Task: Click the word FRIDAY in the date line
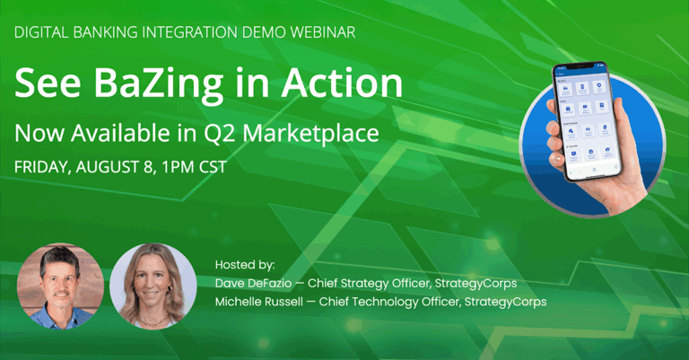coord(42,167)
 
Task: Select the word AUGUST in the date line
coord(109,167)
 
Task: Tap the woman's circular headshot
coord(153,285)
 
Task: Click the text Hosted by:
coord(245,265)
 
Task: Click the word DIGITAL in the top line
coord(41,32)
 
